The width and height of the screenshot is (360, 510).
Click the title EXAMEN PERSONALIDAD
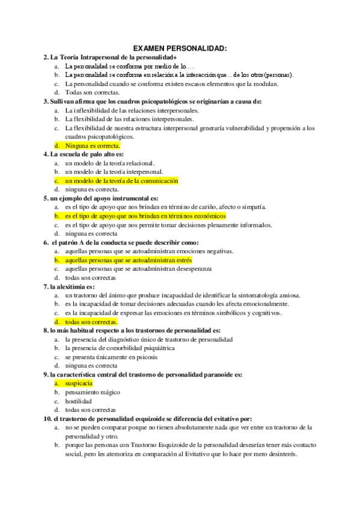click(x=180, y=48)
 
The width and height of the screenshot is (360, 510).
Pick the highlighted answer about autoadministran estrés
click(x=129, y=260)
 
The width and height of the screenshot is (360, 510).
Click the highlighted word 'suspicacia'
click(x=79, y=382)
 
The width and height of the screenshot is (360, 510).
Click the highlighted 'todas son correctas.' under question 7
click(x=91, y=322)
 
